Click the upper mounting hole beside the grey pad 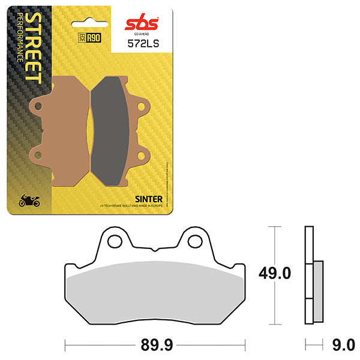143,107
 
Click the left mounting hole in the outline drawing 112,241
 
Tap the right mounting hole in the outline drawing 194,241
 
